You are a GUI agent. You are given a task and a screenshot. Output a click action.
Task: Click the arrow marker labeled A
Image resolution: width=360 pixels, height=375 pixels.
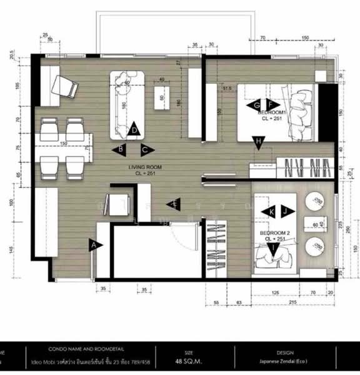[95, 246]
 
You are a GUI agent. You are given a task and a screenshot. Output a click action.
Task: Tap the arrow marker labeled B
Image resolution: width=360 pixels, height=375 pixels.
[119, 149]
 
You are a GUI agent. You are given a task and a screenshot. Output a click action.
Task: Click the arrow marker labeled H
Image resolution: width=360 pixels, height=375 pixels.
[257, 143]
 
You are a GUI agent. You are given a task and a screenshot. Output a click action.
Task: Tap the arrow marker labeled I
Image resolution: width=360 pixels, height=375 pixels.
[273, 250]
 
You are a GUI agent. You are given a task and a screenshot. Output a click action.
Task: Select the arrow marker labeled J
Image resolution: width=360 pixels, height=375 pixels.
[286, 212]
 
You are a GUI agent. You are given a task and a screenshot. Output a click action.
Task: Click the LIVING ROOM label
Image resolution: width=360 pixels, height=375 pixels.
[145, 167]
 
